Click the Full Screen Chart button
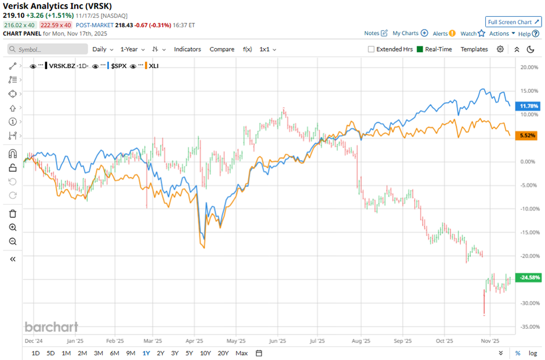[513, 22]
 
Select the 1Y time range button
[146, 353]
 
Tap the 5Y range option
[189, 353]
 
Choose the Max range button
[242, 353]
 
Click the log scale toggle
[532, 353]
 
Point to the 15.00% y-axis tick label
[527, 91]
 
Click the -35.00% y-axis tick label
[527, 327]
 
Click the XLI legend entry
[154, 66]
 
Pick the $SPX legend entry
[117, 66]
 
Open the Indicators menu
[187, 49]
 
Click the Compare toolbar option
[222, 49]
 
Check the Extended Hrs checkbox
[371, 49]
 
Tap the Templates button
[474, 49]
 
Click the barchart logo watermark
[51, 327]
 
